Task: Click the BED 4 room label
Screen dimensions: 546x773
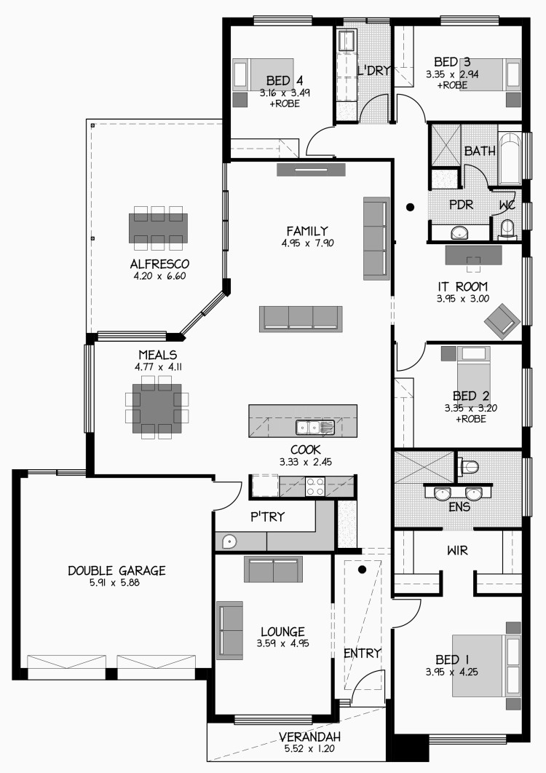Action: point(285,80)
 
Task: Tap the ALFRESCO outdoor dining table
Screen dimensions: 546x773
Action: point(158,228)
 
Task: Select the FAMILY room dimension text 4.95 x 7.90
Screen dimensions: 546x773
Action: point(308,243)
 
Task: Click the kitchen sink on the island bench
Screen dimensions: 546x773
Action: point(315,427)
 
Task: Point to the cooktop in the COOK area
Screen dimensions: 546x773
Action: point(315,487)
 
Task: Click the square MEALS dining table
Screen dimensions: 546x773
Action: point(157,408)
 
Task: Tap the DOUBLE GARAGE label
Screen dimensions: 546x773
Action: point(116,571)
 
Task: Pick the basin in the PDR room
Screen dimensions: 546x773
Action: point(460,232)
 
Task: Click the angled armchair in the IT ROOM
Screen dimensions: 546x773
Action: point(502,321)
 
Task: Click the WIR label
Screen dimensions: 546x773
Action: point(457,550)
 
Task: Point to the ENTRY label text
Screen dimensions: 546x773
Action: point(363,654)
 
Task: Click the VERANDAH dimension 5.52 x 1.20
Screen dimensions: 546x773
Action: point(309,749)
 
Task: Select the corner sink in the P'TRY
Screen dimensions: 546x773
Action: point(229,542)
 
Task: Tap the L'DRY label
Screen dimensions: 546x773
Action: point(373,71)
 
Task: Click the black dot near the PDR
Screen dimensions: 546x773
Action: point(410,208)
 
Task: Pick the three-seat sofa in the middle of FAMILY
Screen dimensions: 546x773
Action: point(301,318)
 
